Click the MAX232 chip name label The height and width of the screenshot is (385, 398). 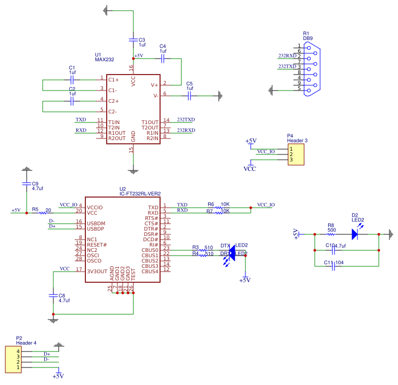105,60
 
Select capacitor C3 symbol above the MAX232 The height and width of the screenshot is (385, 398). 133,39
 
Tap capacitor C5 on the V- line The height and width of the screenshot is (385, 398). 189,96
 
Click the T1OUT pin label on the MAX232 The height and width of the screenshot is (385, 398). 150,122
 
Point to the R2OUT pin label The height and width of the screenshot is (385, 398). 117,138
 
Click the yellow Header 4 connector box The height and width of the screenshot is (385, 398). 13,359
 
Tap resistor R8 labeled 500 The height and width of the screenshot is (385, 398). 331,234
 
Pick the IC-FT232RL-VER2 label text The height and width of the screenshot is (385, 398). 140,194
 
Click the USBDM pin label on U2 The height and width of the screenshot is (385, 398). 97,223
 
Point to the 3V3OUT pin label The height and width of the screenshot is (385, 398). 98,272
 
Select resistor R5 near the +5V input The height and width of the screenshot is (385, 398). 43,213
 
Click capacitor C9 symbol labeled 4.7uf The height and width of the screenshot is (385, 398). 27,183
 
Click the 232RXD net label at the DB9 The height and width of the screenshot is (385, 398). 287,56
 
